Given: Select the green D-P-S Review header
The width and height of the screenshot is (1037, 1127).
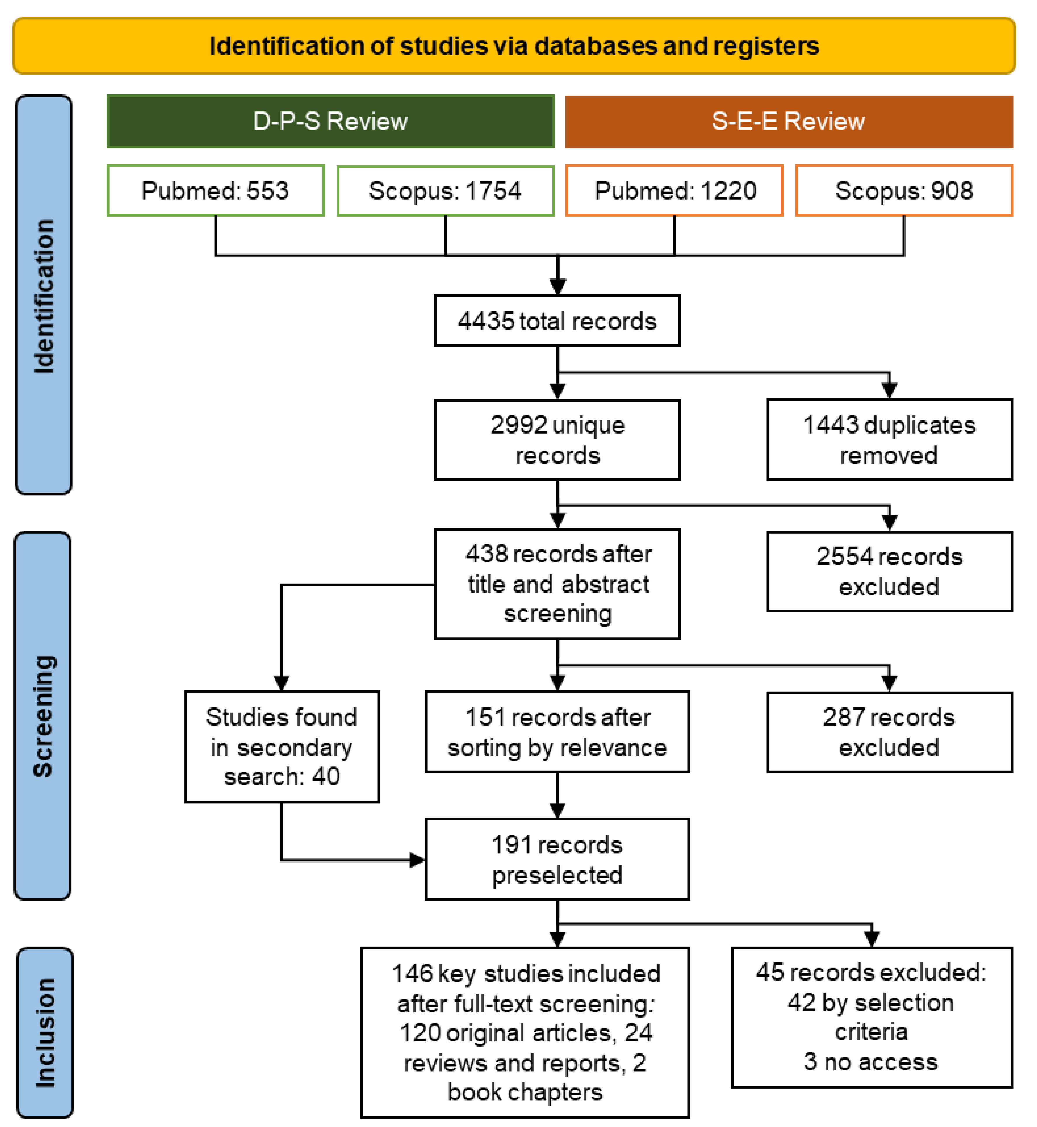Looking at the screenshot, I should click(x=331, y=121).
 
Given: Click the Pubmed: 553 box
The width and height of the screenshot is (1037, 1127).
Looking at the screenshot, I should click(x=216, y=190).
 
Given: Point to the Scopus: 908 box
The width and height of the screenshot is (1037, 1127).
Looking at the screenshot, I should click(x=904, y=190).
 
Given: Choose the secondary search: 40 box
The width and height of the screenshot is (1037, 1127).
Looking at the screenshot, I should click(x=282, y=746).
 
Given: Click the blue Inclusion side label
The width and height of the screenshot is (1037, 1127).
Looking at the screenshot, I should click(x=45, y=1032).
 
